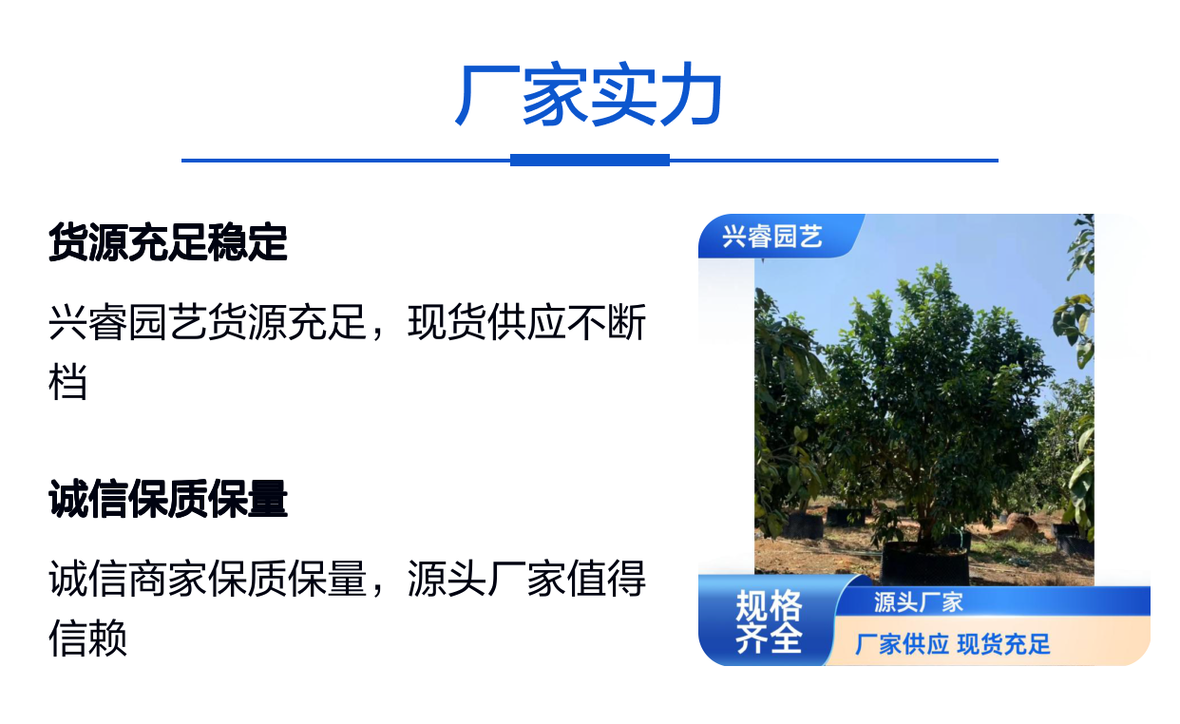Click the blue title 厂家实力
coord(589,94)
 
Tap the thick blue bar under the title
coord(589,161)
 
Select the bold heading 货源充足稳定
coord(168,242)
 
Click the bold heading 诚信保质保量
coord(168,499)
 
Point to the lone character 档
coord(68,381)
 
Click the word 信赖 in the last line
coord(88,638)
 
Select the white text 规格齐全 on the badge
coord(769,621)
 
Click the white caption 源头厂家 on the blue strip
coord(918,602)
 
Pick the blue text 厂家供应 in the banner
coord(902,644)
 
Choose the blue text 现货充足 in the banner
coord(1003,644)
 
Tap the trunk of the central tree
coord(925,516)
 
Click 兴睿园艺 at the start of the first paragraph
coord(128,322)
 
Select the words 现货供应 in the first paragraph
coord(486,322)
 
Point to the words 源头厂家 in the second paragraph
coord(486,579)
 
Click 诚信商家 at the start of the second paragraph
coord(128,579)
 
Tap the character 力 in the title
coord(691,94)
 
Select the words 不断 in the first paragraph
coord(606,322)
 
